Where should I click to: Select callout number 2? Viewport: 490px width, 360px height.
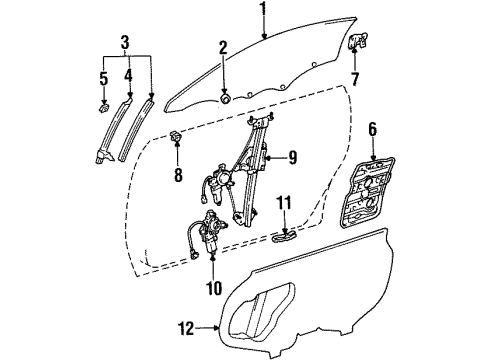pyautogui.click(x=224, y=46)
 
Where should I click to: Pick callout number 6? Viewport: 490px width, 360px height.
pyautogui.click(x=371, y=130)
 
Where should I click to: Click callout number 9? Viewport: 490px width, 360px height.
pyautogui.click(x=292, y=156)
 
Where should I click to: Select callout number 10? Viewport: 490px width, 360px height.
pyautogui.click(x=212, y=289)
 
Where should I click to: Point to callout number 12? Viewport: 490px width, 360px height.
pyautogui.click(x=182, y=326)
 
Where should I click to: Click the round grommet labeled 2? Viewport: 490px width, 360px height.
pyautogui.click(x=225, y=98)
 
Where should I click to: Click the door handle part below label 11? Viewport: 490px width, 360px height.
pyautogui.click(x=286, y=238)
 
